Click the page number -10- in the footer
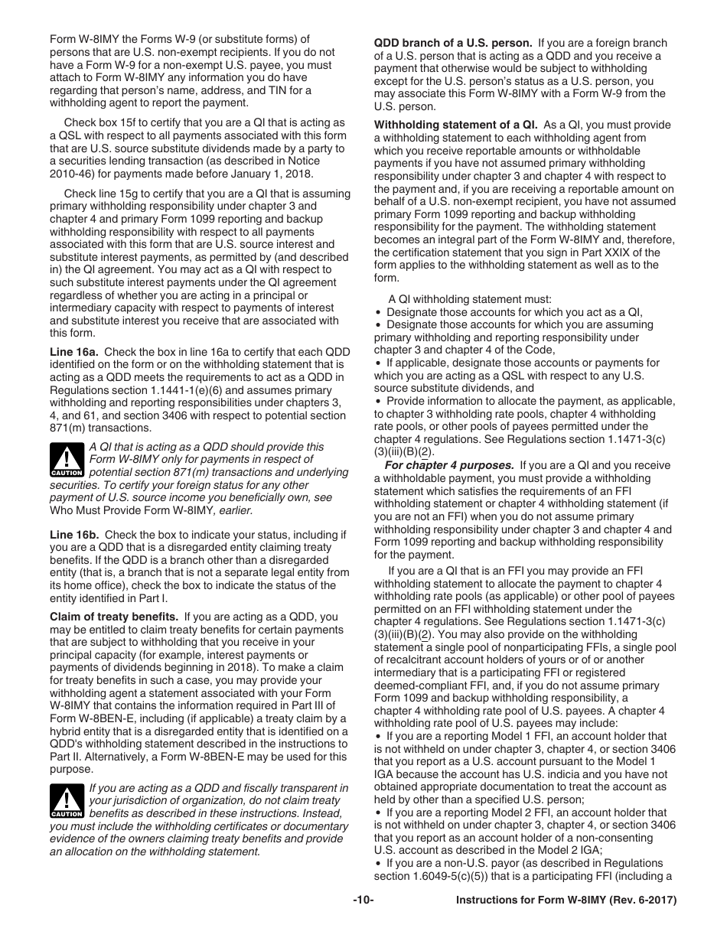tap(363, 900)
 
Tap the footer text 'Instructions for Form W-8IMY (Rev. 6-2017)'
tap(566, 900)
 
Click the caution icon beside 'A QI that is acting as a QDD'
tap(66, 459)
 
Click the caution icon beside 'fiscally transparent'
tap(66, 801)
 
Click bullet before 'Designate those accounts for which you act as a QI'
tap(378, 312)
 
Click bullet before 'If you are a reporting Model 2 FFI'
tap(378, 812)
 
